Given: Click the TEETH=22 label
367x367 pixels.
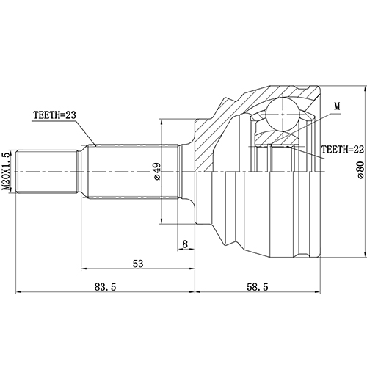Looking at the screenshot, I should (x=333, y=150).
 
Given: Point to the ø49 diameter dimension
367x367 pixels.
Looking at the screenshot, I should (x=156, y=171).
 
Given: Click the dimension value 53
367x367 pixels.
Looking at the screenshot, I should (x=137, y=263).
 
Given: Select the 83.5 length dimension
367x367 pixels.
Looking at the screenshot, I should (x=105, y=286).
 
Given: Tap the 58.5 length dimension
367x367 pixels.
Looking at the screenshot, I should (x=258, y=286).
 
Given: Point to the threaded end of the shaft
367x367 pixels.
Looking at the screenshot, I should (x=48, y=170).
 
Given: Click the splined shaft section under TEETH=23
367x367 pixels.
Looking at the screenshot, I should (x=132, y=170).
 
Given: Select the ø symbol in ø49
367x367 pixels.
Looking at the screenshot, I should (x=156, y=178).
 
